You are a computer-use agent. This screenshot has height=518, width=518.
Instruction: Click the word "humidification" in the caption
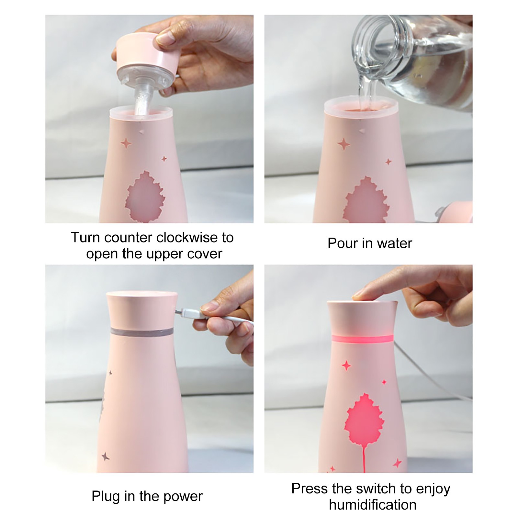(x=373, y=505)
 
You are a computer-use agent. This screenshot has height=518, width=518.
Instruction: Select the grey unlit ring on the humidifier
(x=141, y=332)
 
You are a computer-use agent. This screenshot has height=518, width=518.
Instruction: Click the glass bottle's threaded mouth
(x=372, y=39)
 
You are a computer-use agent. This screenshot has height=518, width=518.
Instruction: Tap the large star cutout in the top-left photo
(x=126, y=143)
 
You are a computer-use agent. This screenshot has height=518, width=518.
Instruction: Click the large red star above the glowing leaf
(x=346, y=366)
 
